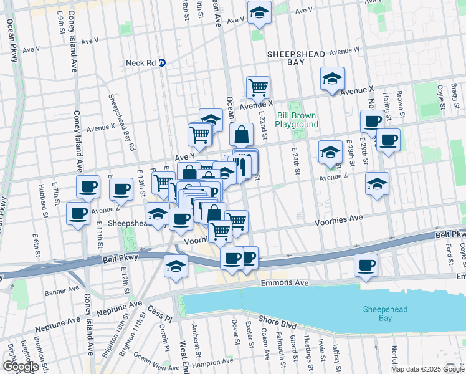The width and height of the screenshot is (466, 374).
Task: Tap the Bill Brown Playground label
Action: click(x=297, y=120)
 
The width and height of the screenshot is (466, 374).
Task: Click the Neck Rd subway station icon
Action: click(x=162, y=62)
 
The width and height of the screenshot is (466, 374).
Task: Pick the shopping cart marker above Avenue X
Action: click(x=258, y=87)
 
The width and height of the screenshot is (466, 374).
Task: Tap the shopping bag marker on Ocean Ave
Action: click(x=241, y=133)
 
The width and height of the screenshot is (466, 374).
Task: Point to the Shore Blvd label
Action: click(x=277, y=320)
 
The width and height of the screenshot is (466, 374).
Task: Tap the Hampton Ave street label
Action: click(x=212, y=363)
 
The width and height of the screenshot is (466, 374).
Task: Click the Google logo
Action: click(x=21, y=367)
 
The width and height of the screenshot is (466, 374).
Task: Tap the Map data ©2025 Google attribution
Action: click(x=427, y=369)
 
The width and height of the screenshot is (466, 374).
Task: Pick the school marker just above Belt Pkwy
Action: click(x=176, y=265)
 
